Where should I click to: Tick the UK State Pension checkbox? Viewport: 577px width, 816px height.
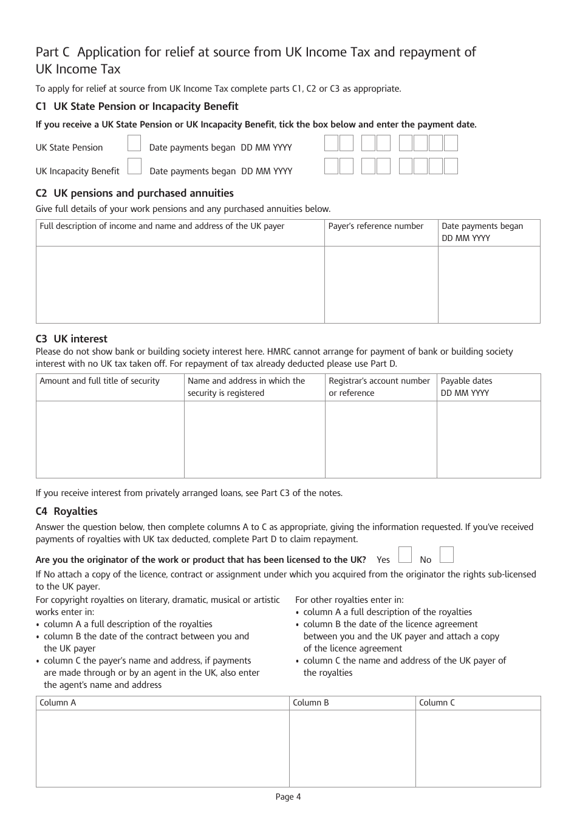pos(134,143)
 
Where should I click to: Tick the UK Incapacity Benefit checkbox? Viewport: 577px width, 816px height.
pos(134,166)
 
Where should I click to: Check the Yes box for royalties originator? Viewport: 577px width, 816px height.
pos(405,555)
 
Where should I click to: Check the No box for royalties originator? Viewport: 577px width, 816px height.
pos(446,555)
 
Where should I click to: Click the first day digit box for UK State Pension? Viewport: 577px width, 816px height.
pos(331,143)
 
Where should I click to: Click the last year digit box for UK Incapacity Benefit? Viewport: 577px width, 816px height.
pos(451,166)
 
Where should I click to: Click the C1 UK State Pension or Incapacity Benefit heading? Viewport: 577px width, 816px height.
pos(137,107)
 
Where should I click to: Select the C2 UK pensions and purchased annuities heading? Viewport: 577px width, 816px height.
pos(134,194)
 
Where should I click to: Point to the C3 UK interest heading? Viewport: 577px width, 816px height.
pos(71,339)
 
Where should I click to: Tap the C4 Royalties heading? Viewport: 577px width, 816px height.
pos(66,511)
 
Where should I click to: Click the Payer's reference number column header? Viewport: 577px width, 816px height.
pos(375,226)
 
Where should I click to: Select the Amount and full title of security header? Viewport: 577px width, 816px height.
pos(100,381)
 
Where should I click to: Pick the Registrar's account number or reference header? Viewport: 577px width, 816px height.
pos(379,387)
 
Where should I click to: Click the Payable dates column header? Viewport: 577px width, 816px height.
pos(466,387)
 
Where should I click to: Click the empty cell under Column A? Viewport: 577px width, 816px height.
pos(162,748)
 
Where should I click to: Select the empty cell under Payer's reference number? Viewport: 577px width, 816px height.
pos(381,284)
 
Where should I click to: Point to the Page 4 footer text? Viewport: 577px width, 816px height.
pos(288,797)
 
